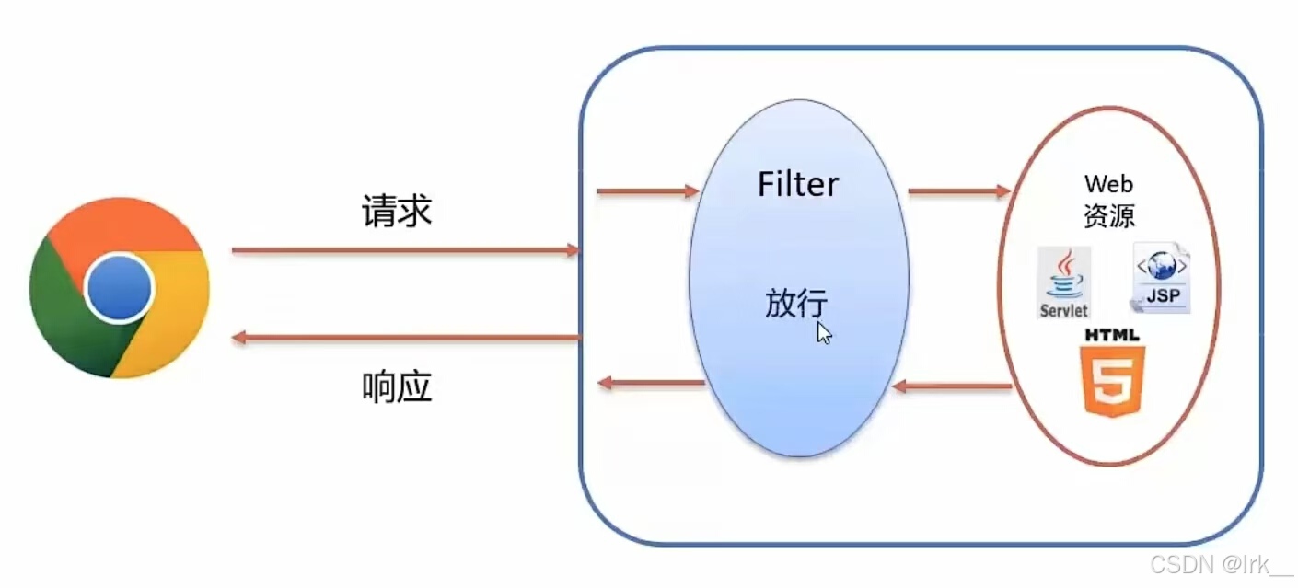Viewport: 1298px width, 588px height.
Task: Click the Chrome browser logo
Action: [120, 288]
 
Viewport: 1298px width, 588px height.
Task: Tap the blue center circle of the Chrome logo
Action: [120, 288]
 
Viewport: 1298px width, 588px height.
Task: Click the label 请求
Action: [396, 213]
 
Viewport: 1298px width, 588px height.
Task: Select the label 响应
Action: [397, 388]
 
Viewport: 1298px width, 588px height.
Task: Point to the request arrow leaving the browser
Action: [405, 249]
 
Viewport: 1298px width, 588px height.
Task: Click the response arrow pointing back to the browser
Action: [405, 338]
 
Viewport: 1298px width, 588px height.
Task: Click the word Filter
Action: [798, 184]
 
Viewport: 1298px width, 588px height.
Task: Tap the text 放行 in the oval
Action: [795, 303]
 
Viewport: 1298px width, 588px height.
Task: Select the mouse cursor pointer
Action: [824, 332]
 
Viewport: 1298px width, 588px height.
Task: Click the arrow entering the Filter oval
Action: [647, 191]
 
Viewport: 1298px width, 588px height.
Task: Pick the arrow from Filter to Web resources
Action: [958, 191]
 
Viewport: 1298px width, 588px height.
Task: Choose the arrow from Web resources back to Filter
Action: [952, 386]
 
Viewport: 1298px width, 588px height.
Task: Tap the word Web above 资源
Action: [1108, 184]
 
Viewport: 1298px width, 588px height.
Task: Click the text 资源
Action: [1109, 215]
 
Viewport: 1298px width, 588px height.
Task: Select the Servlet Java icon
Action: [1064, 282]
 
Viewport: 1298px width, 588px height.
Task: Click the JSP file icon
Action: [1162, 278]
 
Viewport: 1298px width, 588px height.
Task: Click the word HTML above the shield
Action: [1112, 334]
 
